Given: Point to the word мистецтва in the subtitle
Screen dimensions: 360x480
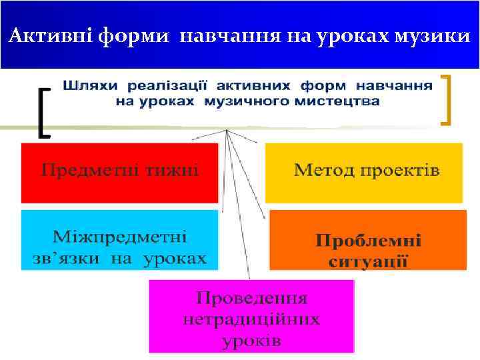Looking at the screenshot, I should click(x=341, y=102).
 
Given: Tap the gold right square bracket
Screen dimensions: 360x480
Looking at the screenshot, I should click(x=446, y=100).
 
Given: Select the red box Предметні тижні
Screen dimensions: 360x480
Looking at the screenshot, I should click(x=120, y=172).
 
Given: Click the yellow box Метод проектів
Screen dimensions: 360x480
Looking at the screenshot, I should click(x=364, y=172).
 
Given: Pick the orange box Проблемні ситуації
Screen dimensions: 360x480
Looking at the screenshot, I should click(x=367, y=240).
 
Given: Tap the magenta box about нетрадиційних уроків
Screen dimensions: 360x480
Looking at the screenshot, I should click(x=251, y=316).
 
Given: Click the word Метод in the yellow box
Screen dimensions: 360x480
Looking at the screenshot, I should click(x=325, y=171).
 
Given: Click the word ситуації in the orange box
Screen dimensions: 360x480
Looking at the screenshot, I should click(x=368, y=260).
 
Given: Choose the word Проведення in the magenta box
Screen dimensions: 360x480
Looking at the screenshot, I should click(x=251, y=297).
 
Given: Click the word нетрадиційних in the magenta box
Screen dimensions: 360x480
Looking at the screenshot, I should click(x=251, y=319).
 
